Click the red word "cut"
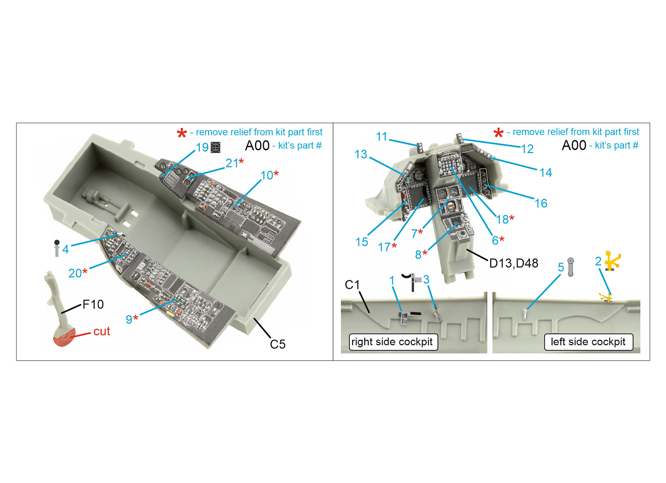tap(102, 331)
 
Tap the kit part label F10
tap(93, 304)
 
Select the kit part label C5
tap(278, 344)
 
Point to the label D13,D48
tap(514, 264)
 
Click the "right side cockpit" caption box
tap(393, 342)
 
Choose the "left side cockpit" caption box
tap(589, 342)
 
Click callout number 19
tap(202, 147)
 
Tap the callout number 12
tap(527, 149)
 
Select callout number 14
tap(546, 172)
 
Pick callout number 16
tap(541, 204)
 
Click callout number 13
tap(361, 154)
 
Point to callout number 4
tap(66, 249)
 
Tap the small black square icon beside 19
tap(216, 147)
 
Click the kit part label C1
tap(352, 285)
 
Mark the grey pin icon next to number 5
tap(570, 267)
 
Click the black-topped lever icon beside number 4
tap(57, 248)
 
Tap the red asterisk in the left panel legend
tap(181, 133)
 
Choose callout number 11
tap(382, 137)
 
